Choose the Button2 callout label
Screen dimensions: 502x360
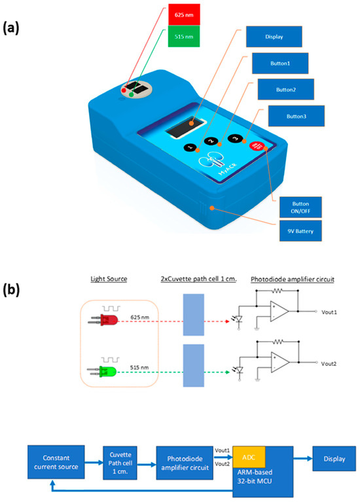pos(285,90)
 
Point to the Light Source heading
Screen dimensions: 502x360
pos(108,280)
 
